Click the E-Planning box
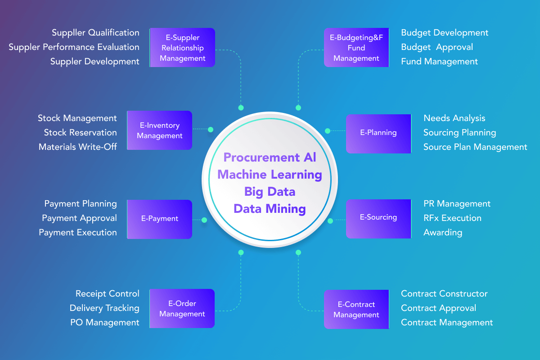pyautogui.click(x=378, y=134)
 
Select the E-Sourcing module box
pyautogui.click(x=378, y=219)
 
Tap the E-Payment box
pyautogui.click(x=160, y=219)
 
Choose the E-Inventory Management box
pyautogui.click(x=160, y=130)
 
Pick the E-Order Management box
pyautogui.click(x=182, y=308)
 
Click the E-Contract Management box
pyautogui.click(x=356, y=309)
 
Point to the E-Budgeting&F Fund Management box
pyautogui.click(x=356, y=48)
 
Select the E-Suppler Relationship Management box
pyautogui.click(x=182, y=48)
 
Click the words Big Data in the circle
pyautogui.click(x=270, y=192)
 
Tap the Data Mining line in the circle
pyautogui.click(x=270, y=209)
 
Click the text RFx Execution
pyautogui.click(x=453, y=218)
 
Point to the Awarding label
pyautogui.click(x=443, y=233)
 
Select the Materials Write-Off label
pyautogui.click(x=77, y=147)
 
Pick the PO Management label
pyautogui.click(x=104, y=323)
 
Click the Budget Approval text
pyautogui.click(x=437, y=47)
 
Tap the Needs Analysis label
pyautogui.click(x=454, y=118)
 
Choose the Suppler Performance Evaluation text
pyautogui.click(x=74, y=47)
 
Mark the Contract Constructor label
pyautogui.click(x=444, y=294)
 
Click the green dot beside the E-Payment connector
pyautogui.click(x=204, y=220)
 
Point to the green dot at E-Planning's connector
pyautogui.click(x=328, y=131)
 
